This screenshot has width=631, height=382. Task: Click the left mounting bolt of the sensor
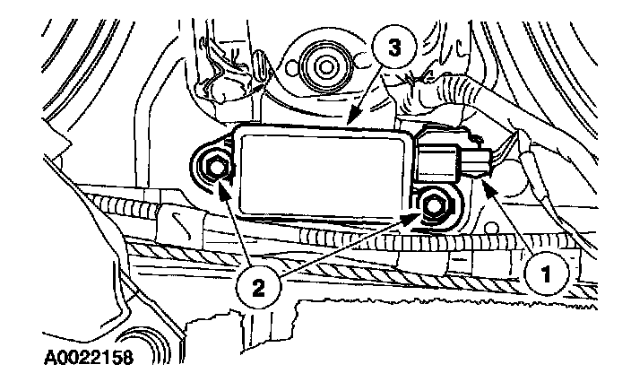[x=215, y=166]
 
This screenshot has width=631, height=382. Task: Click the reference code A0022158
[x=86, y=360]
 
